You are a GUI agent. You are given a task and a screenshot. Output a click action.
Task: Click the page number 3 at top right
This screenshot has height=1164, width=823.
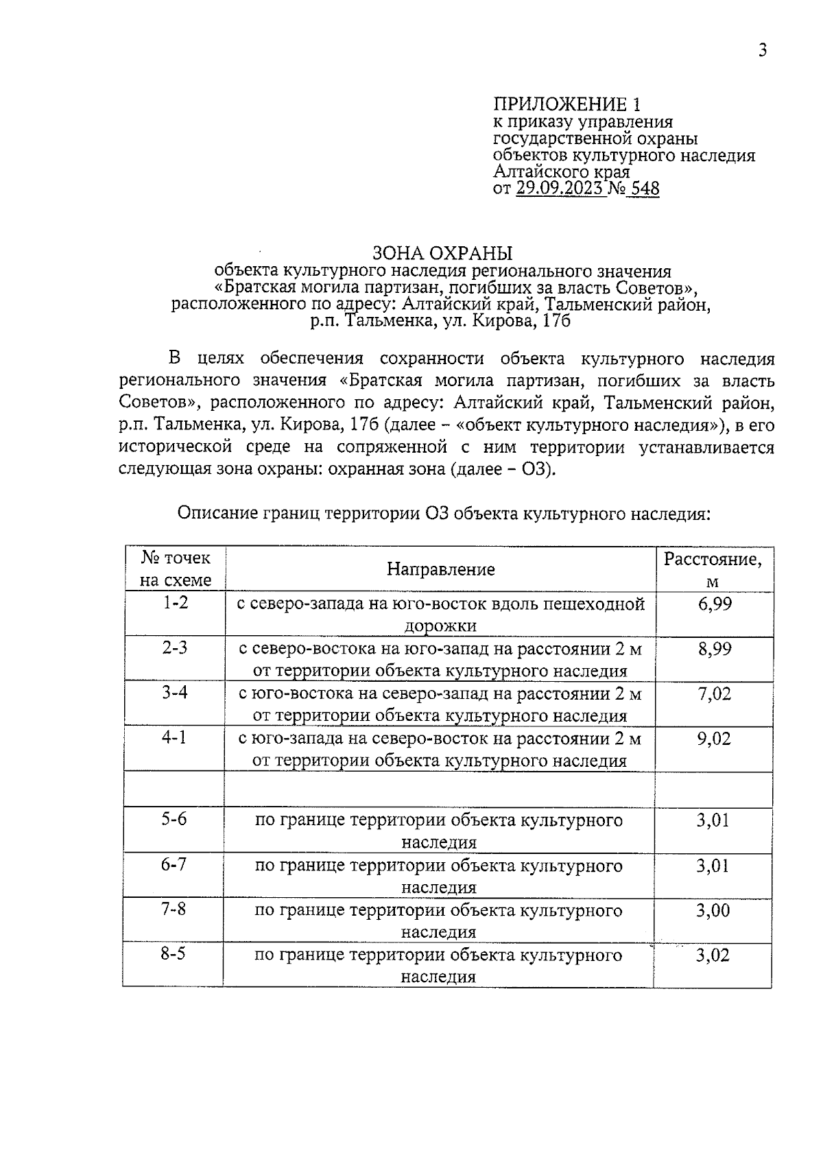tap(762, 50)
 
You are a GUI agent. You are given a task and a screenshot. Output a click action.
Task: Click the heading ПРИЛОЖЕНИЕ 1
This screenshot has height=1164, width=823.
tap(569, 104)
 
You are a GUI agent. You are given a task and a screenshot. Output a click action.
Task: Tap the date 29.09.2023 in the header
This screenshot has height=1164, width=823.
tap(560, 189)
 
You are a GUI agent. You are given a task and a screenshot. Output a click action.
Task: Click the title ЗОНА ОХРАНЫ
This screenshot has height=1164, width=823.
tap(442, 253)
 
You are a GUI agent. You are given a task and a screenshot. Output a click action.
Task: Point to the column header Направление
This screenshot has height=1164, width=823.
tap(440, 569)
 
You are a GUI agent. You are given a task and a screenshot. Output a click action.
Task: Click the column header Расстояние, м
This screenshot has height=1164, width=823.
tap(713, 570)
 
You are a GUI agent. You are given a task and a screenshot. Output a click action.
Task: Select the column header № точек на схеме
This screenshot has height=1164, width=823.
tap(176, 569)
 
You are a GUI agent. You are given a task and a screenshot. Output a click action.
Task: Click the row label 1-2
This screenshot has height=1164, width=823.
tap(175, 603)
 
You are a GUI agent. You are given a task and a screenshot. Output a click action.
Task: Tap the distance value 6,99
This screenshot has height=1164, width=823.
tap(715, 604)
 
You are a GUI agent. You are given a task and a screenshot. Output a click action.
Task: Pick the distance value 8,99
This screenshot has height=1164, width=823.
tap(715, 649)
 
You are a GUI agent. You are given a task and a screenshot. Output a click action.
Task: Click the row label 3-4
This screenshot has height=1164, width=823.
tap(175, 692)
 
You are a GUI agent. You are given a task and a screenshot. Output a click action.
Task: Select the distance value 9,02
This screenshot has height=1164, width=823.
tap(714, 739)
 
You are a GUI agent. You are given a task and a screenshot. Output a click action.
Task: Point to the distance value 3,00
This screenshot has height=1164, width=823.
tap(713, 911)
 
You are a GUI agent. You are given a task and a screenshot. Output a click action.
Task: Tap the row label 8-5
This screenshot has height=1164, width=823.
tap(174, 954)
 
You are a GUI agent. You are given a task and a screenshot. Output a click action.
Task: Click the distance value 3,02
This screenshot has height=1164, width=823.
tap(713, 955)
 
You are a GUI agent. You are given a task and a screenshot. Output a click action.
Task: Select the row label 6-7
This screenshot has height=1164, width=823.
tap(174, 864)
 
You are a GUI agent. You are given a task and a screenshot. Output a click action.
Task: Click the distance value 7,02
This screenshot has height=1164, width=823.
tap(715, 693)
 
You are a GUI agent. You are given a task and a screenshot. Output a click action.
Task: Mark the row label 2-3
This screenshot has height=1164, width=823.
tap(175, 648)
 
